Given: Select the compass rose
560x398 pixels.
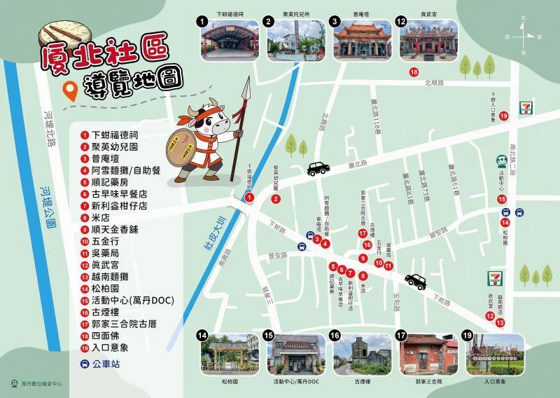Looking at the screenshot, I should pos(524,33).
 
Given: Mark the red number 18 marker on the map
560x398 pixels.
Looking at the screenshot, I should pos(414,71).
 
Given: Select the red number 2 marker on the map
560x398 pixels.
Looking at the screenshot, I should pos(276,199).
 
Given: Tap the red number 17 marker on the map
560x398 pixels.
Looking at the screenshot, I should pos(363,233).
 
